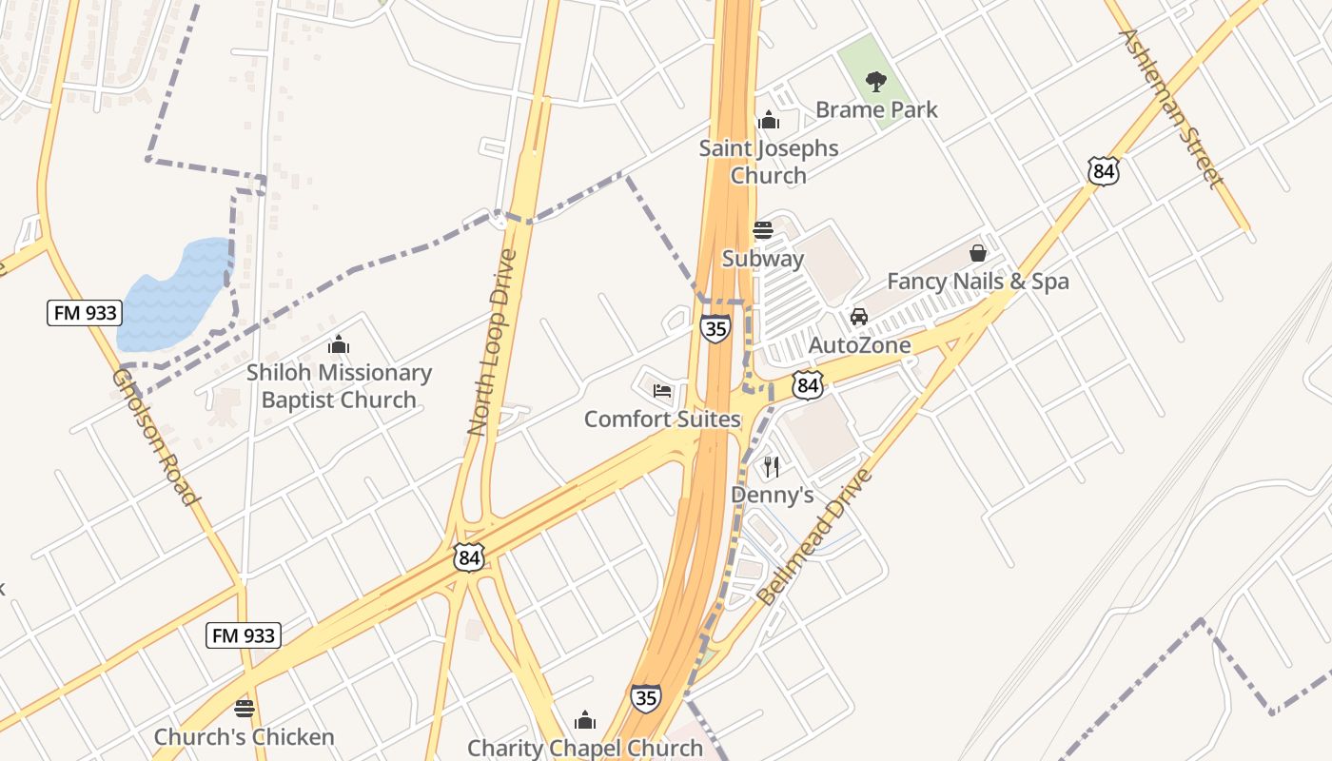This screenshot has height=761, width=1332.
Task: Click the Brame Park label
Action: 876,110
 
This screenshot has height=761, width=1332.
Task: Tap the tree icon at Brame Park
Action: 876,82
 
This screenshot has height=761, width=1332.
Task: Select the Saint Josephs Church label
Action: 769,162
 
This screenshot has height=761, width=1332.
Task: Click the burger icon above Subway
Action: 763,230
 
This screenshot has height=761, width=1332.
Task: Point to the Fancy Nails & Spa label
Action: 978,282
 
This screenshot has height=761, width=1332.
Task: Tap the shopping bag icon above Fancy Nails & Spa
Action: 978,253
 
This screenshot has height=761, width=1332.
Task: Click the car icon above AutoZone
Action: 859,317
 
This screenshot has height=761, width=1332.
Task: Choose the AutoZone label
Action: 859,345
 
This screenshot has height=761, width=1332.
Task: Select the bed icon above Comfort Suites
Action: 662,390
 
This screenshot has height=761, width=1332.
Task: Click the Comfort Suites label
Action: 662,420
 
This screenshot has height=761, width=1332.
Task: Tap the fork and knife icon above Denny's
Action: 772,466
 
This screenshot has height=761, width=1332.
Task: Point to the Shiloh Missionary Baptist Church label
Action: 339,386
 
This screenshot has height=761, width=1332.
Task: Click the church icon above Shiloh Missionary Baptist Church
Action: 339,344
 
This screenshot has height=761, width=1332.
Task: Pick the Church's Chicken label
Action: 245,737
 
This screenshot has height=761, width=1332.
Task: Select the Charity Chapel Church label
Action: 585,749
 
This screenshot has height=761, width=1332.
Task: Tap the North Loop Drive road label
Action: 492,342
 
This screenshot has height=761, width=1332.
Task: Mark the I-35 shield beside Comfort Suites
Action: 715,329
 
